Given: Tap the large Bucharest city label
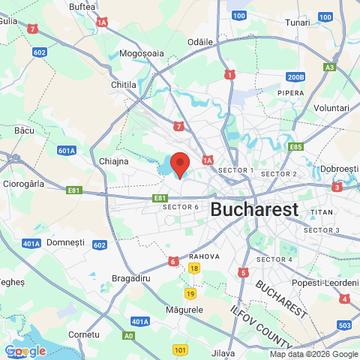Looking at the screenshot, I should point(254,209).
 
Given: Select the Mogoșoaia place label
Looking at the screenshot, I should point(142,54).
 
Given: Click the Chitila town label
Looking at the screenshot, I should point(124,85).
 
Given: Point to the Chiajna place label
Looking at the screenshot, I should point(114,160).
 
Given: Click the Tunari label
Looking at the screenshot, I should point(298,22).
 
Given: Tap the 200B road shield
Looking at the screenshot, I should point(295,76).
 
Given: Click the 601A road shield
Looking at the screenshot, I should point(66,151).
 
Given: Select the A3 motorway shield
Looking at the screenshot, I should point(329,67).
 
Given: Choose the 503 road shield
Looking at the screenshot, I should point(344,325).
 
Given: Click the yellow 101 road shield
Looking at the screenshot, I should point(180,349).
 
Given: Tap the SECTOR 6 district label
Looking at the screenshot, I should point(181,207).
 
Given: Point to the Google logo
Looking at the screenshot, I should point(25,351).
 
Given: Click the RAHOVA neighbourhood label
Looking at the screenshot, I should point(204,256).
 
